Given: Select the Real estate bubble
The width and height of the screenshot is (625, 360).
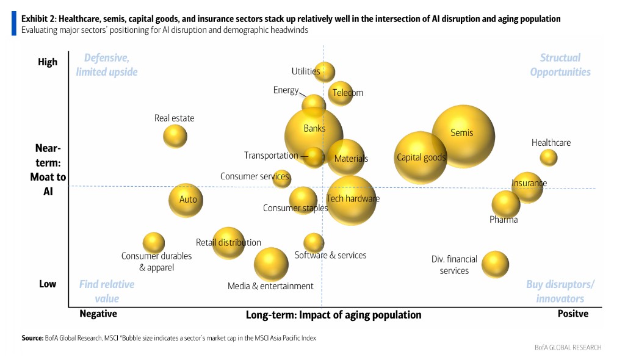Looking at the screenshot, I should [x=175, y=135].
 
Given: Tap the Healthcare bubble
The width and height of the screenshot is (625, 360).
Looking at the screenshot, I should [x=549, y=157].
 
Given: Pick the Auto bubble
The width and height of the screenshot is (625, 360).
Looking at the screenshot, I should [x=186, y=200].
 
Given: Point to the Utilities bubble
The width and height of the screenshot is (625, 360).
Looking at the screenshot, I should [x=325, y=72].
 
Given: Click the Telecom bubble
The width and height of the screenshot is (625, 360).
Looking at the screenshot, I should [x=341, y=93].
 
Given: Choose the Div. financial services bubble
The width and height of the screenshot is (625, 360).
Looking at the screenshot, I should [x=495, y=264].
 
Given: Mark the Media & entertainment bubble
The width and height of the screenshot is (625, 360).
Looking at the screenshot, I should [x=271, y=264].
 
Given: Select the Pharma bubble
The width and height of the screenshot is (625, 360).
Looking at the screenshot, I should [x=506, y=204].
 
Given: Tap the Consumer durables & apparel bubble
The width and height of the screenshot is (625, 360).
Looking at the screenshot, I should [x=154, y=243].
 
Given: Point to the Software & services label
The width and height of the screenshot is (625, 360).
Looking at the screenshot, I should [x=331, y=255].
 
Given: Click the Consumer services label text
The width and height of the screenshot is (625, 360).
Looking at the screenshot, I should [x=255, y=177].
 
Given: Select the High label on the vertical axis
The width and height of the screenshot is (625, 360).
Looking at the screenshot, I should [x=48, y=62].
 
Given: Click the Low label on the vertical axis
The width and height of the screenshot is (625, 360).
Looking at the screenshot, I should [x=48, y=284].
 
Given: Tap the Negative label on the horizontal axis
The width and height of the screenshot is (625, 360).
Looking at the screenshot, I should [x=98, y=314].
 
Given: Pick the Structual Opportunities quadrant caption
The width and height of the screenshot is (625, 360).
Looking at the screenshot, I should [x=560, y=65].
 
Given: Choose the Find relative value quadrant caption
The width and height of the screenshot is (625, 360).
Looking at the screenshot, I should [x=107, y=291].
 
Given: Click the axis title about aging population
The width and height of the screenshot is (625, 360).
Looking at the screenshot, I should [x=333, y=315].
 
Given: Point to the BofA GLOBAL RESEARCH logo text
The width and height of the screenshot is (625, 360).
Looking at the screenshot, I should [x=568, y=347].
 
